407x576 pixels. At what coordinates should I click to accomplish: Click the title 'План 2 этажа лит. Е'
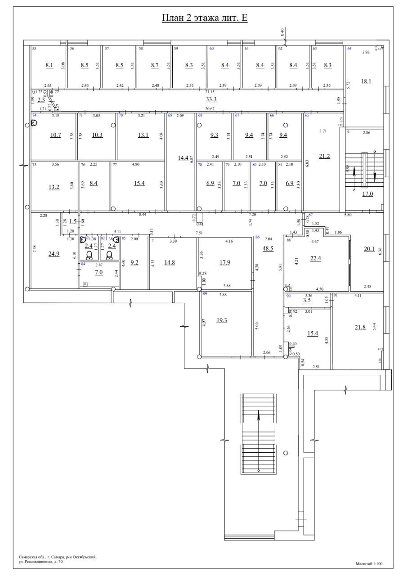point(205,18)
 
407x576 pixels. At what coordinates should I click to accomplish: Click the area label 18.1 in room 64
point(366,81)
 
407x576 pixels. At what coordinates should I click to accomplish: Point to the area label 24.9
point(54,254)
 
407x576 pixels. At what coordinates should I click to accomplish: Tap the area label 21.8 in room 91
point(360,327)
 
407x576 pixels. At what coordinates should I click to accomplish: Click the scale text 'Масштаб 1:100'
point(369,563)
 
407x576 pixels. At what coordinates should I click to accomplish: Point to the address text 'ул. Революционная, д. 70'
point(41,562)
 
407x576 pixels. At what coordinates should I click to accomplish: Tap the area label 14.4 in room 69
point(183,158)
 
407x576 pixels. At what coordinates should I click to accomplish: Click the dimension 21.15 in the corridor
point(210,91)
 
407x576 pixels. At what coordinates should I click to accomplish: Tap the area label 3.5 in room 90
point(307,300)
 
